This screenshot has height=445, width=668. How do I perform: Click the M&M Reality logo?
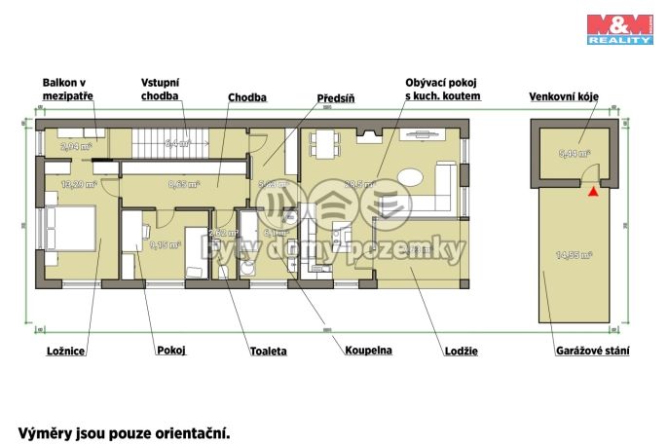click(x=619, y=27)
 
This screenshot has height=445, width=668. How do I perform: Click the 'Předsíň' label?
click(x=336, y=98)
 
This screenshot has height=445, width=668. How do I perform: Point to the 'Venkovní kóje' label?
click(x=563, y=97)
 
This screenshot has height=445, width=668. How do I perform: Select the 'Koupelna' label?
click(x=368, y=350)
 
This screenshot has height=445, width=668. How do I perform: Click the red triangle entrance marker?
click(x=591, y=191)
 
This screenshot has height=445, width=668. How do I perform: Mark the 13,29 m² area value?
click(x=78, y=183)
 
